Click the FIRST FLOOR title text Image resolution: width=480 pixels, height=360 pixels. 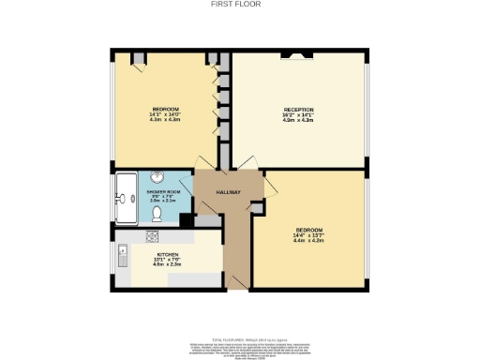(x=239, y=4)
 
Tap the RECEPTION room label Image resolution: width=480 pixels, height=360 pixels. (x=297, y=110)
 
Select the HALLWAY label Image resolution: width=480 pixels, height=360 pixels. (x=229, y=193)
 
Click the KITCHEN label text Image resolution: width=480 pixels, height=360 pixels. (x=168, y=255)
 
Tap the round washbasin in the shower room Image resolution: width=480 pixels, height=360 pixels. (x=157, y=178)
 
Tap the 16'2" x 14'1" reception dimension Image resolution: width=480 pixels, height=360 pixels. (x=297, y=115)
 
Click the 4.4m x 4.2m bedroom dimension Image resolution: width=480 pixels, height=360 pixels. (x=308, y=241)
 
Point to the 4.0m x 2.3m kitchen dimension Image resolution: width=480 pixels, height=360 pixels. (x=168, y=266)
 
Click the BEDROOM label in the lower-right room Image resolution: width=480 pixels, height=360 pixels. (x=308, y=230)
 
